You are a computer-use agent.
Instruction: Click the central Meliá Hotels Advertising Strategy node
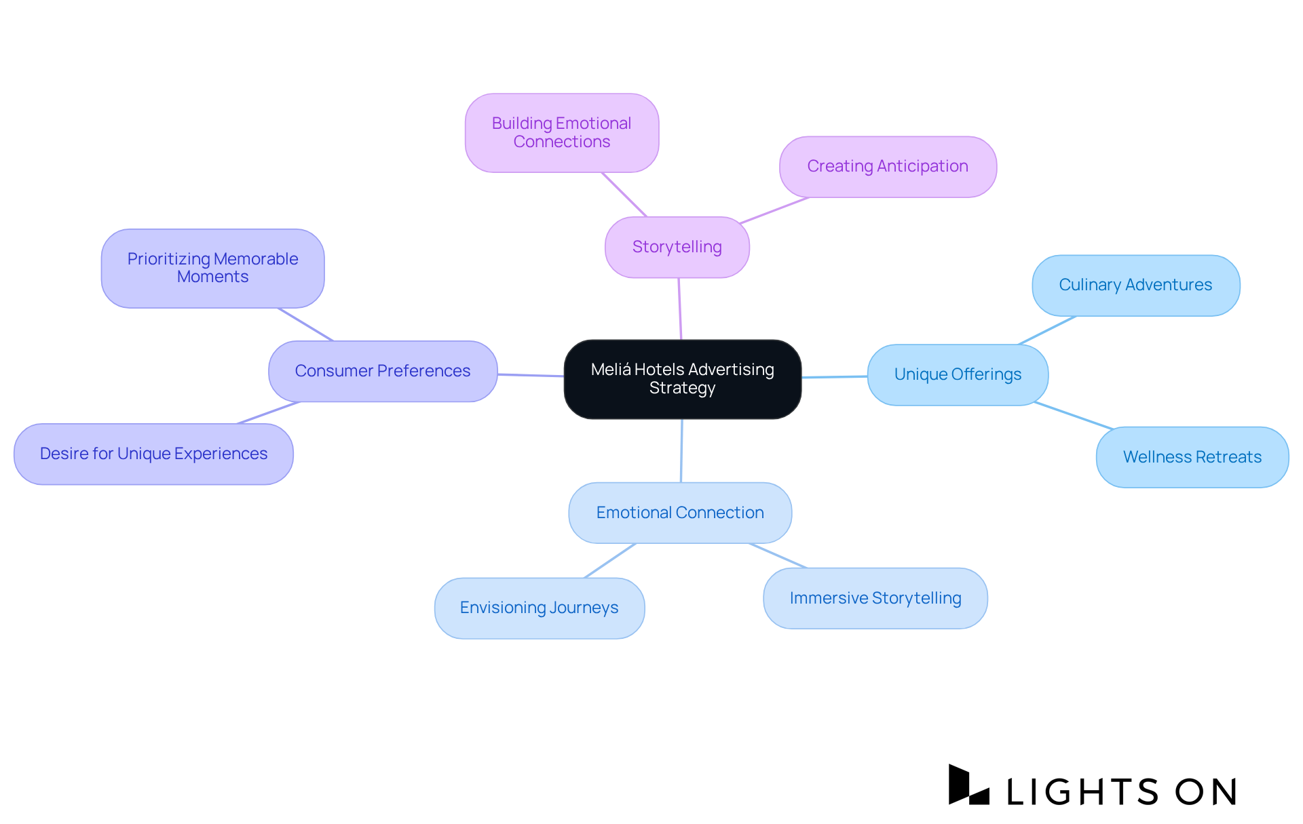click(x=682, y=379)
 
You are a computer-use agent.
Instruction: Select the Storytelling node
click(x=677, y=247)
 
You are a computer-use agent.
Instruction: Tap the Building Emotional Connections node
click(x=561, y=133)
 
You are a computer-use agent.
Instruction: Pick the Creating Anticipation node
click(x=887, y=167)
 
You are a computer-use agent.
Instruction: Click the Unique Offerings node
click(x=957, y=375)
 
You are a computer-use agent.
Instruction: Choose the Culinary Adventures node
click(x=1135, y=286)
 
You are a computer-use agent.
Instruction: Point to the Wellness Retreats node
click(x=1192, y=457)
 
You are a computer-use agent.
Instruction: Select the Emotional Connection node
click(x=679, y=513)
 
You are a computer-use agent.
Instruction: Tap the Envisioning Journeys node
click(x=539, y=608)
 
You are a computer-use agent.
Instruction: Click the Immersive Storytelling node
click(x=875, y=598)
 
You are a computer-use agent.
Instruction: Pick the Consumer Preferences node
click(x=382, y=372)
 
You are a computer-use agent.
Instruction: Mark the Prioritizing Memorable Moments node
click(x=212, y=269)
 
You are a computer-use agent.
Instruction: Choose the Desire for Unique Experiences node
click(x=153, y=454)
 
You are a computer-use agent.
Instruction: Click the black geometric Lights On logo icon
click(x=968, y=785)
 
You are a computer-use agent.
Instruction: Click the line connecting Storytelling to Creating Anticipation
click(x=774, y=210)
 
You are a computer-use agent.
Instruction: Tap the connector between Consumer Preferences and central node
click(x=531, y=375)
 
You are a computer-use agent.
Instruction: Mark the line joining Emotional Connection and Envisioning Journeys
click(x=610, y=561)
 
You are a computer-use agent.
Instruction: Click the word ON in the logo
click(x=1206, y=791)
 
